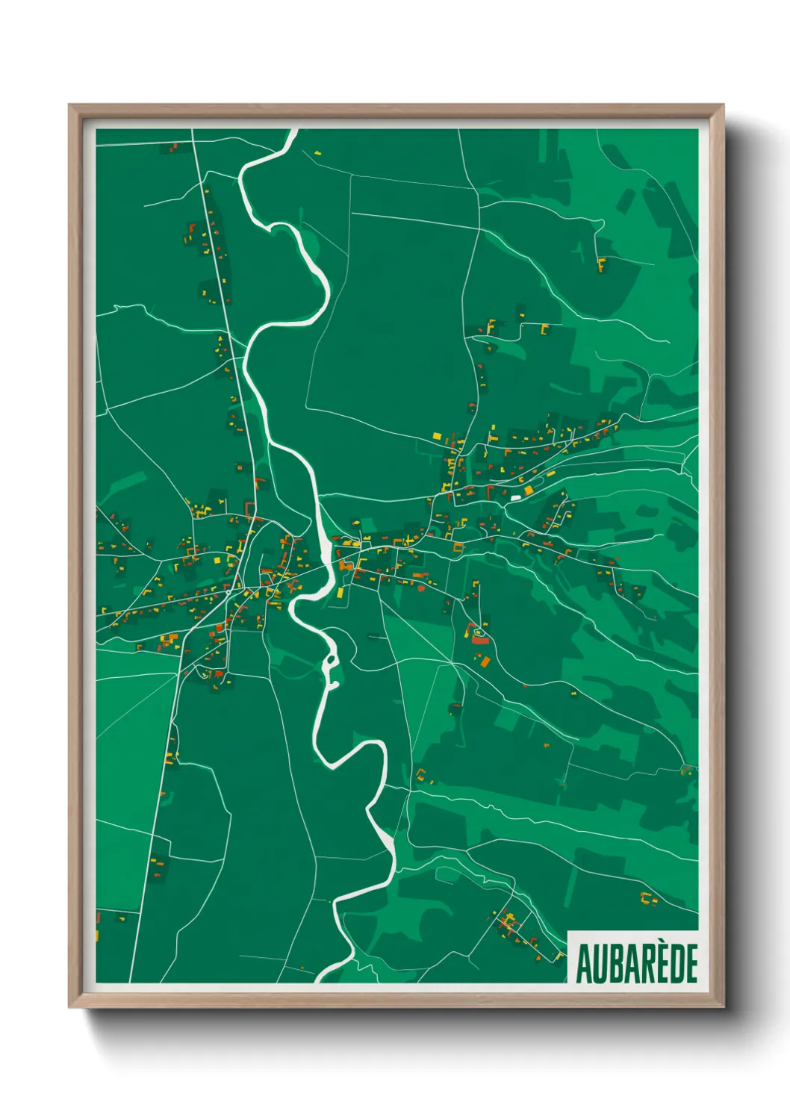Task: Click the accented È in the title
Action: click(x=663, y=962)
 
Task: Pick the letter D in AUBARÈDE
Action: click(x=677, y=964)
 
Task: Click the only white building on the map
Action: click(x=515, y=497)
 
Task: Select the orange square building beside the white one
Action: click(x=529, y=491)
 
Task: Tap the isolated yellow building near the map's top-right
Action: click(x=601, y=264)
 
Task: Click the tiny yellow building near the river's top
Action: click(x=317, y=153)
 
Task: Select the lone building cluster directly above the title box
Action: click(x=648, y=899)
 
